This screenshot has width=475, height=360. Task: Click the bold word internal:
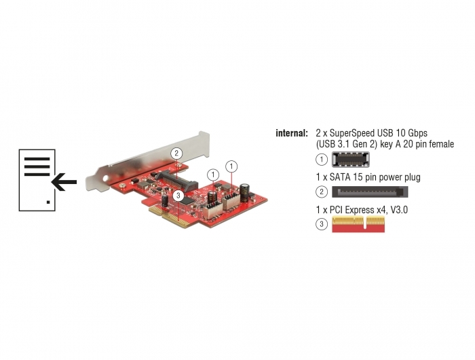click(x=292, y=133)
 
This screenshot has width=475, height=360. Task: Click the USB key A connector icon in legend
click(x=351, y=159)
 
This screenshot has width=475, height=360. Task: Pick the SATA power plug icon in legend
click(x=370, y=192)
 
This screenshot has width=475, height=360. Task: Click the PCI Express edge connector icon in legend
click(x=358, y=224)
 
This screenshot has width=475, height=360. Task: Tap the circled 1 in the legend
click(x=322, y=160)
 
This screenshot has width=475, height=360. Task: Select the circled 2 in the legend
click(x=322, y=192)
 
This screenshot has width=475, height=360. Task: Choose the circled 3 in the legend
click(x=322, y=224)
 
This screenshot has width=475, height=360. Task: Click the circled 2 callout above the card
click(x=176, y=153)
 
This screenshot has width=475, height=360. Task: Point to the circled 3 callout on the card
click(x=178, y=196)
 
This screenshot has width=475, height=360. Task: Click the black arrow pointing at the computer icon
click(x=64, y=182)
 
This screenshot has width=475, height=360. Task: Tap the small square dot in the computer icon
click(x=48, y=202)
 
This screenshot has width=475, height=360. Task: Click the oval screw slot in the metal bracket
click(x=105, y=179)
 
